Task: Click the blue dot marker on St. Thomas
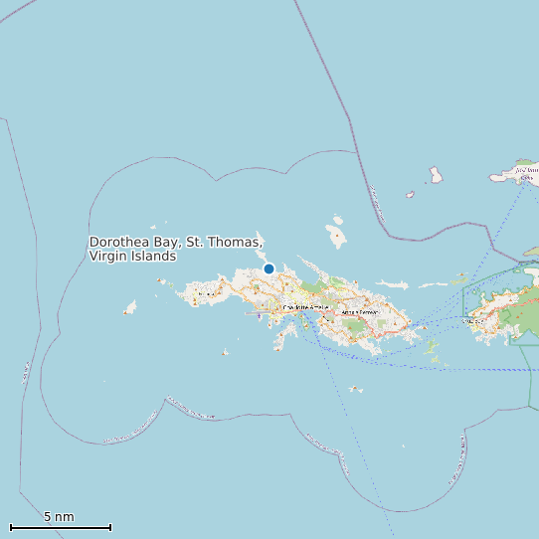pyautogui.click(x=269, y=269)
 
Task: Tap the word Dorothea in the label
pyautogui.click(x=117, y=243)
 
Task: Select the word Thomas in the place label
pyautogui.click(x=237, y=243)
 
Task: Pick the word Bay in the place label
pyautogui.click(x=165, y=243)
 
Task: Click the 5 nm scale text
pyautogui.click(x=59, y=517)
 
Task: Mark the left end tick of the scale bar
pyautogui.click(x=11, y=527)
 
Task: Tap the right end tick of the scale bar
pyautogui.click(x=110, y=527)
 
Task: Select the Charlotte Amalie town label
pyautogui.click(x=305, y=307)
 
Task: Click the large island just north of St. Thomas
pyautogui.click(x=336, y=237)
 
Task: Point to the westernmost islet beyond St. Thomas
pyautogui.click(x=129, y=309)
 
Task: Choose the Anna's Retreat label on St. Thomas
pyautogui.click(x=360, y=312)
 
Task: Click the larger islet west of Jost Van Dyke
pyautogui.click(x=436, y=175)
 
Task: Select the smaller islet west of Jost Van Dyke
pyautogui.click(x=410, y=195)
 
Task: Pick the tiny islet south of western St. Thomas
pyautogui.click(x=226, y=352)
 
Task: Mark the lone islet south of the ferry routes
pyautogui.click(x=355, y=389)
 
